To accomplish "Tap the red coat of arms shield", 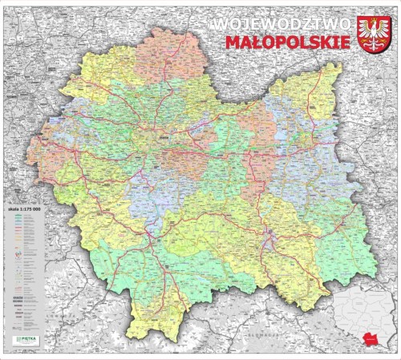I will click(373, 34).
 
